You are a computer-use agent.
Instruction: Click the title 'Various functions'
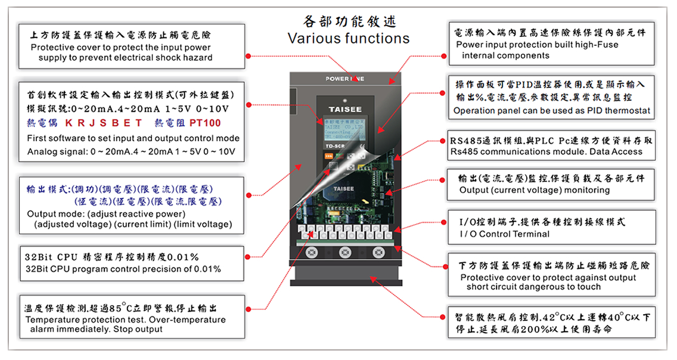(x=349, y=39)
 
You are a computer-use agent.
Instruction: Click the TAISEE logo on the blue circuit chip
(x=344, y=188)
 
